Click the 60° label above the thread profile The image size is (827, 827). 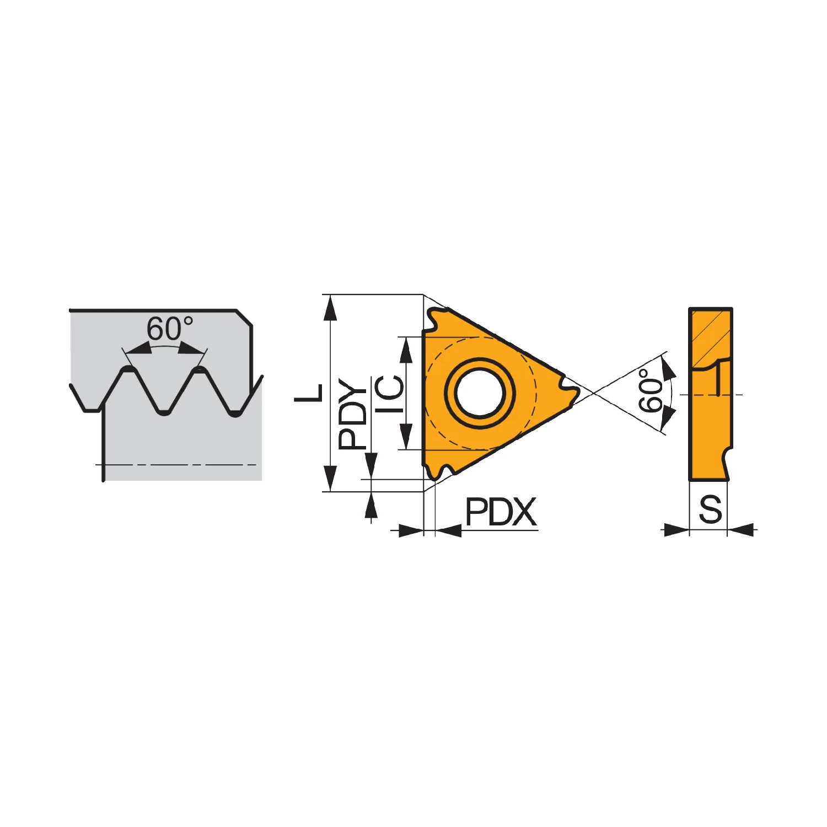[x=170, y=329]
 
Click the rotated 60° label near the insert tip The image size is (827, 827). [x=651, y=390]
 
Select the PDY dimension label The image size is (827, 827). [x=353, y=413]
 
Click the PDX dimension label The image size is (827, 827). [x=501, y=512]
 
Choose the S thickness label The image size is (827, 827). [x=710, y=509]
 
